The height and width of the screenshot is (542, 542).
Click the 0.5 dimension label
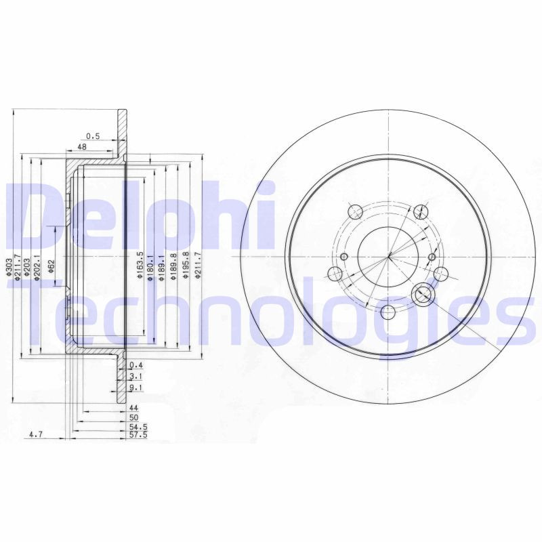pos(93,136)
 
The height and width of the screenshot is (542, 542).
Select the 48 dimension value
pos(81,147)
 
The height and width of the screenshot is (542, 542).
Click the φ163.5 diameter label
pos(140,264)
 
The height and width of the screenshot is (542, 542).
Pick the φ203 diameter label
pos(28,269)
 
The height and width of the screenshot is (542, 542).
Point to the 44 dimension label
pos(133,409)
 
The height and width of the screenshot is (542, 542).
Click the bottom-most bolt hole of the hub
pos(388,312)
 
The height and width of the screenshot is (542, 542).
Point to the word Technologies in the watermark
pos(271,308)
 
